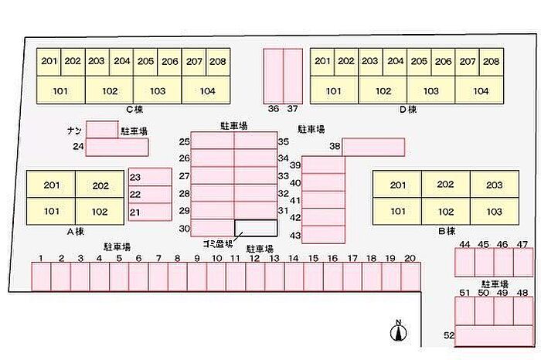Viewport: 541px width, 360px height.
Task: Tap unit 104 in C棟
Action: coord(207,90)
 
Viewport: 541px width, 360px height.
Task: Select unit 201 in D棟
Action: coord(322,61)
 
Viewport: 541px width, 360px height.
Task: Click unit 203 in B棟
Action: coord(494,185)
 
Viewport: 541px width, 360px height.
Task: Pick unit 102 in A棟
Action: coord(100,211)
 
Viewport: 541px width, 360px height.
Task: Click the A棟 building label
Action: coord(75,231)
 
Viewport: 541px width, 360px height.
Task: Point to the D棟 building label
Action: coord(408,110)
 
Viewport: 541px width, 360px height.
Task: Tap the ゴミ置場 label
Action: coord(217,243)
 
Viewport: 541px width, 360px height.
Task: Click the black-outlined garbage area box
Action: coord(255,228)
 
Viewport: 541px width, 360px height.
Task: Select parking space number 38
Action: coord(373,146)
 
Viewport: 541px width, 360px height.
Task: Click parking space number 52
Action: coord(494,336)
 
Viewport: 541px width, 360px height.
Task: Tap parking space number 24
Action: coord(117,147)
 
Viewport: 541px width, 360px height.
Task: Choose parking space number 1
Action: coord(41,277)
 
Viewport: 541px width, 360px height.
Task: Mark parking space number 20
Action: coord(410,277)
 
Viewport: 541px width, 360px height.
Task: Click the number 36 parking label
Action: coord(273,109)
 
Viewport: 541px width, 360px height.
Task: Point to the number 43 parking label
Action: coord(294,235)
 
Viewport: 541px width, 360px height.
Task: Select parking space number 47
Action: coord(523,262)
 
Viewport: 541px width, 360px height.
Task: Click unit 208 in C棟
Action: coord(218,61)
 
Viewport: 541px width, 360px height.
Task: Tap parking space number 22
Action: coord(151,195)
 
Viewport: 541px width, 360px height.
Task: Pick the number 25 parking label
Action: coord(184,141)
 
